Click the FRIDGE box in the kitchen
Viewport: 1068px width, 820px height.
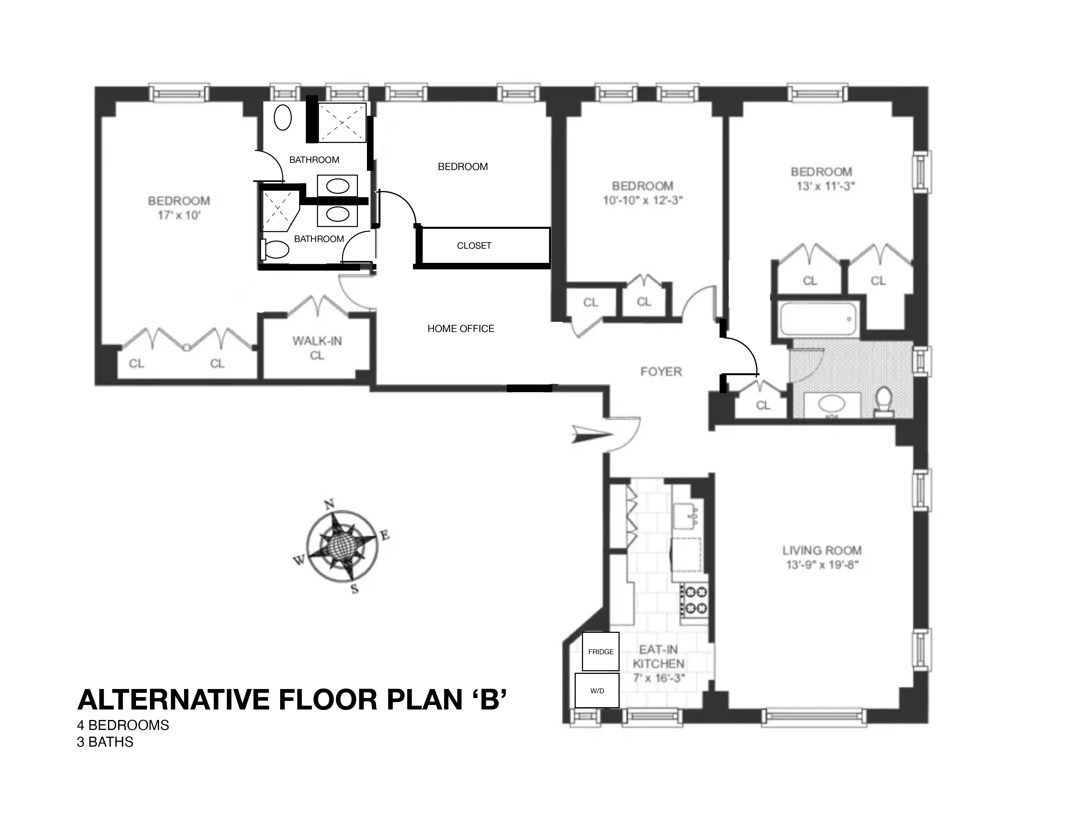(600, 652)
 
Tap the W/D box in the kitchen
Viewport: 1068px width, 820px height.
(597, 691)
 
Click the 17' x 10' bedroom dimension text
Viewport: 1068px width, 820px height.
(179, 215)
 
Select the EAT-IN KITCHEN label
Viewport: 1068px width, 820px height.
(658, 656)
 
